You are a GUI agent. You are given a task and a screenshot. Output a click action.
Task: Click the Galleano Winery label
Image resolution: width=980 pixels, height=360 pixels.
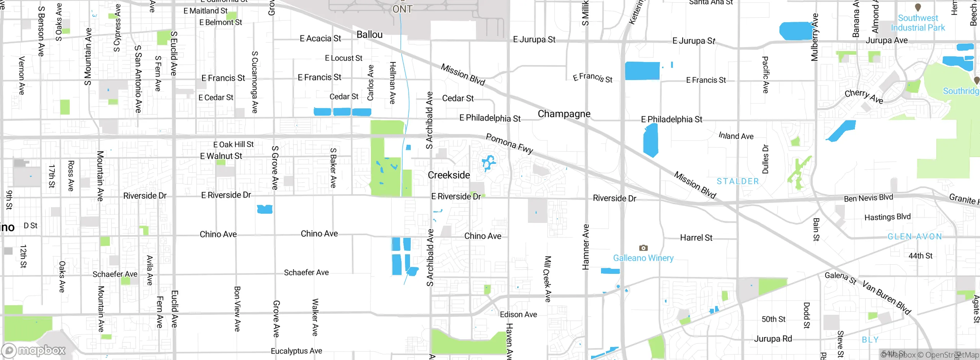pyautogui.click(x=643, y=258)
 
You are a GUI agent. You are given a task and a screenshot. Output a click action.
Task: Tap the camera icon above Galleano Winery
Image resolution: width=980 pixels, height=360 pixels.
pyautogui.click(x=644, y=248)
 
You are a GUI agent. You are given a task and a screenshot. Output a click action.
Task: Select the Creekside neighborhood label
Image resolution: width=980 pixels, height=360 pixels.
pyautogui.click(x=449, y=175)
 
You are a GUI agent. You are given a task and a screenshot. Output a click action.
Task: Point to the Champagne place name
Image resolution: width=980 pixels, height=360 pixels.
pyautogui.click(x=564, y=114)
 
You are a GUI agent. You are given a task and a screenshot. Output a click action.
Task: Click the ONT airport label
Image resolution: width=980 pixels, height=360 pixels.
pyautogui.click(x=402, y=9)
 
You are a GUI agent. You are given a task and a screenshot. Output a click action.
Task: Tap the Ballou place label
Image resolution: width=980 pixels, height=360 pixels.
pyautogui.click(x=369, y=34)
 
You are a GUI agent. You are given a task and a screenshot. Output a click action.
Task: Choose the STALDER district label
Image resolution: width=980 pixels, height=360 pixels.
pyautogui.click(x=738, y=181)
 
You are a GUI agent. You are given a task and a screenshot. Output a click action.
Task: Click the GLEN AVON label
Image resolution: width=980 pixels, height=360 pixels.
pyautogui.click(x=915, y=236)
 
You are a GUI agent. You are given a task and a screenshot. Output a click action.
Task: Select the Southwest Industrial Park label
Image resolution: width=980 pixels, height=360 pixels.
pyautogui.click(x=918, y=23)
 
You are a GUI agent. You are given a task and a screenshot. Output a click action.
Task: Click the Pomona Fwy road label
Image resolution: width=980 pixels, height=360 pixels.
pyautogui.click(x=509, y=143)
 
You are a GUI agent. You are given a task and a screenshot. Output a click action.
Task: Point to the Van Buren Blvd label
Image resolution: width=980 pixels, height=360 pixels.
pyautogui.click(x=886, y=297)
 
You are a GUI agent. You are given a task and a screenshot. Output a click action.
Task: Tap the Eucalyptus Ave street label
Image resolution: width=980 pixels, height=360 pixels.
pyautogui.click(x=296, y=351)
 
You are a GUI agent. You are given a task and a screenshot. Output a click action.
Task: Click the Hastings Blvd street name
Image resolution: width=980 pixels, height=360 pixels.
pyautogui.click(x=887, y=217)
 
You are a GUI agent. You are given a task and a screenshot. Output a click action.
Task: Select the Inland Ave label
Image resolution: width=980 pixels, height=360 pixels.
pyautogui.click(x=736, y=136)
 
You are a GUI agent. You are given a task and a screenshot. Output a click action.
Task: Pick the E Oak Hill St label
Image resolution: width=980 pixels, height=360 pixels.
pyautogui.click(x=234, y=144)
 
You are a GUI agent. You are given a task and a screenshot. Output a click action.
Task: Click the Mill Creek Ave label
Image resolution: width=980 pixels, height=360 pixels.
pyautogui.click(x=548, y=279)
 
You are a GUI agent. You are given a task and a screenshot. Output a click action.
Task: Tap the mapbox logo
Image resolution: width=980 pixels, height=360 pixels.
pyautogui.click(x=34, y=350)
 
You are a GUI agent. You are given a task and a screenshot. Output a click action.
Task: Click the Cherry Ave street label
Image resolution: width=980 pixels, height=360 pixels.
pyautogui.click(x=864, y=96)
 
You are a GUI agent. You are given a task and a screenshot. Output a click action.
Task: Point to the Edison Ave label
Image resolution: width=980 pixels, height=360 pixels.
pyautogui.click(x=518, y=314)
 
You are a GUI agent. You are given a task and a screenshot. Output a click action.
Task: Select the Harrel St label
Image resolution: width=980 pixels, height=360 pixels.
pyautogui.click(x=696, y=237)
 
